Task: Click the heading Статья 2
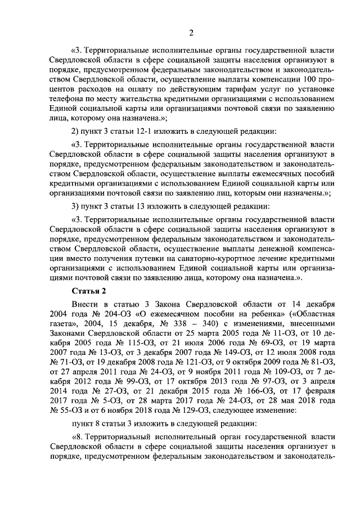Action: [89, 290]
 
